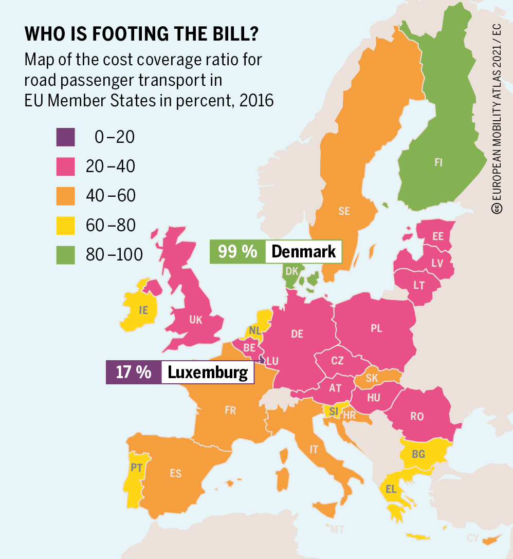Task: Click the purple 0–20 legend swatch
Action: coord(66,137)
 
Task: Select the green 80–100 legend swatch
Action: coord(66,254)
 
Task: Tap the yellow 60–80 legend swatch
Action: coord(66,225)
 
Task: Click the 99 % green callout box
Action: coord(237,252)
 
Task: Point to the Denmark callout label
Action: coord(303,252)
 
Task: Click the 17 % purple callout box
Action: coord(134,372)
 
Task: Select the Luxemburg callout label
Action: coord(208,372)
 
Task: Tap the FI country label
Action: coord(438,163)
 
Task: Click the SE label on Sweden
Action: coord(344,211)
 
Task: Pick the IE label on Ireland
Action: coord(143,310)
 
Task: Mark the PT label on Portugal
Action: coord(136,468)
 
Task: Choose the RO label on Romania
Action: coord(417,417)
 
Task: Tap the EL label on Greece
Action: coord(391,490)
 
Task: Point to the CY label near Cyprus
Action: coord(473,538)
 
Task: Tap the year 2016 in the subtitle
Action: coord(255,100)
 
